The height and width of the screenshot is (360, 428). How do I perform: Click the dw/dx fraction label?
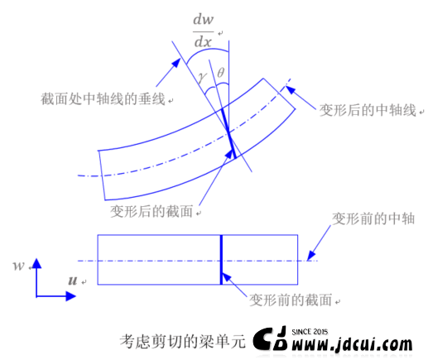click(204, 31)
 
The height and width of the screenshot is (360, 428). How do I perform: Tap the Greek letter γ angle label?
click(202, 77)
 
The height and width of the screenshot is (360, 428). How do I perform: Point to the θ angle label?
click(221, 73)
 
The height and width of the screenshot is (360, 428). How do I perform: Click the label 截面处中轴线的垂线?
click(103, 98)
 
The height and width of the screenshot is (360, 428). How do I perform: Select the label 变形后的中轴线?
click(368, 110)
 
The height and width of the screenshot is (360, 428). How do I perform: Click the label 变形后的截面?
click(151, 211)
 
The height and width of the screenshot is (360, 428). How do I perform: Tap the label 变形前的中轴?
click(373, 218)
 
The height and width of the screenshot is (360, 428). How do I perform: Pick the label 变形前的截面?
click(291, 300)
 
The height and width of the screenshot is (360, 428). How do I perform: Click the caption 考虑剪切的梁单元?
click(182, 342)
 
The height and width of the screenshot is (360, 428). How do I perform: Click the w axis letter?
click(19, 266)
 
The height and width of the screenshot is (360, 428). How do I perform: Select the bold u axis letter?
click(73, 281)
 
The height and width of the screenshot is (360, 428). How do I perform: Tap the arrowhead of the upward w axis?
click(36, 263)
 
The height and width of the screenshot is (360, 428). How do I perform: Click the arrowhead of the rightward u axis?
click(70, 296)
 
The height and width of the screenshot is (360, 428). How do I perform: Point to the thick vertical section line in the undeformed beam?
click(221, 260)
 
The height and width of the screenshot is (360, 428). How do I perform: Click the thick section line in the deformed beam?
click(229, 133)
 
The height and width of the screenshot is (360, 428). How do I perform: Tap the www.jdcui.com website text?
click(352, 344)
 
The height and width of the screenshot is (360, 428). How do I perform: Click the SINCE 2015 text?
click(310, 332)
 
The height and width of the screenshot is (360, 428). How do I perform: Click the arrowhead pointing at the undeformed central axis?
click(311, 256)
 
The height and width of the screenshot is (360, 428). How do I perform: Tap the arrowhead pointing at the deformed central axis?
click(290, 89)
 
